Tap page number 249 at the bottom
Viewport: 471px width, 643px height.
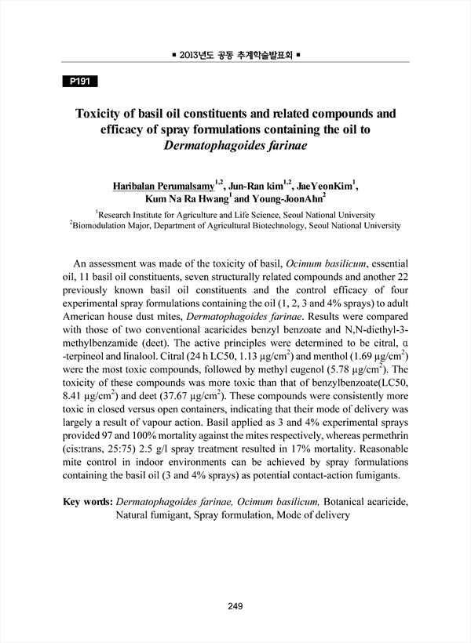click(x=235, y=606)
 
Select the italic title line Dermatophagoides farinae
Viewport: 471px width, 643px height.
click(x=235, y=147)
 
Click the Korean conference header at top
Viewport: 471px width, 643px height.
click(x=235, y=56)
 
